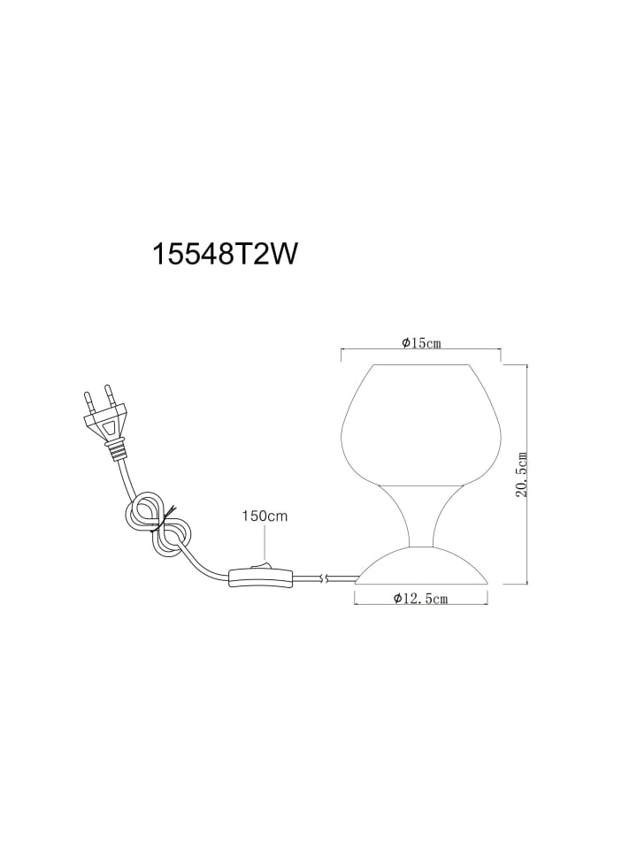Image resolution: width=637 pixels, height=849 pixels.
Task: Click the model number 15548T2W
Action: [226, 254]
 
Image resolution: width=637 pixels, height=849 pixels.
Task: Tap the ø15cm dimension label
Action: [421, 343]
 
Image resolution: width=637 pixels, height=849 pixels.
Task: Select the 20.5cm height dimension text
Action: [522, 475]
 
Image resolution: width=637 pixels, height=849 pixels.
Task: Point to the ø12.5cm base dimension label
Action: [421, 599]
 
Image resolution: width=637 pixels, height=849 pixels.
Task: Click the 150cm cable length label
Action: [265, 516]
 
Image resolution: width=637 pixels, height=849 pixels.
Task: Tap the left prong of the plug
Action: [88, 403]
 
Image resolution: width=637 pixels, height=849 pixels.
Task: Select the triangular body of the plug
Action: [107, 421]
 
